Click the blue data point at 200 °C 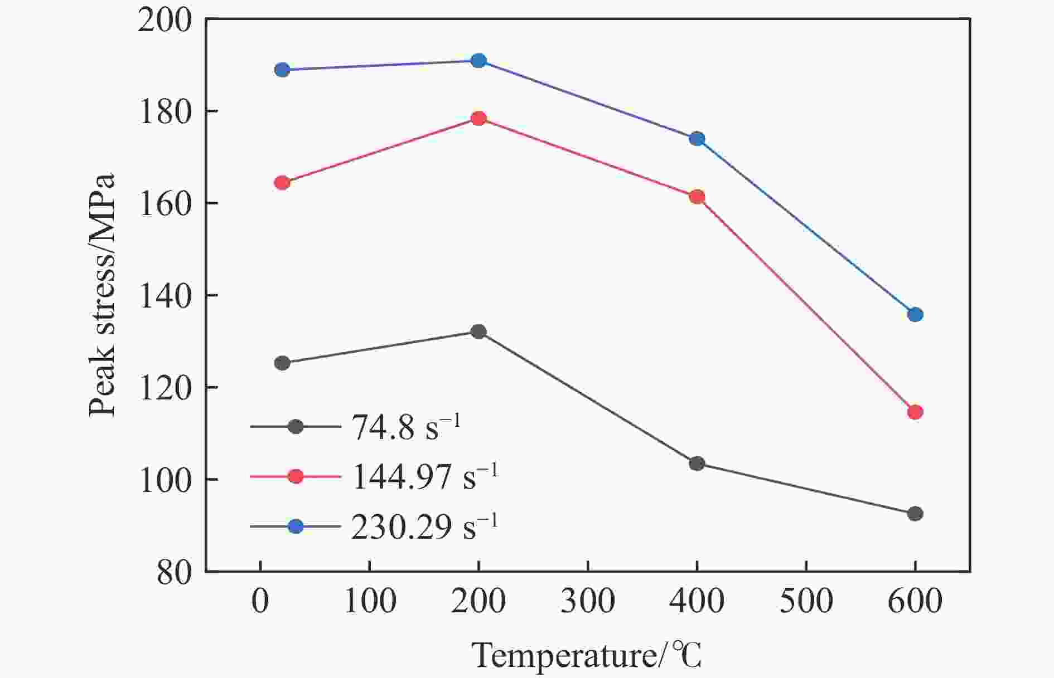[x=478, y=61]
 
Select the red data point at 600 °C [x=915, y=412]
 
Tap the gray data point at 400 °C [x=697, y=464]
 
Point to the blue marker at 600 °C [x=915, y=315]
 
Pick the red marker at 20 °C [x=283, y=183]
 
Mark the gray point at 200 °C [x=478, y=331]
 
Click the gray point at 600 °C [x=915, y=514]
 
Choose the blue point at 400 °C [x=697, y=139]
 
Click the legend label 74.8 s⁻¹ [x=406, y=428]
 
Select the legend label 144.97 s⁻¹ [x=424, y=477]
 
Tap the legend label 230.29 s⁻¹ [x=424, y=526]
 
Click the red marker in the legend [x=296, y=476]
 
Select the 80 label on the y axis [x=174, y=572]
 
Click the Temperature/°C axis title [x=587, y=656]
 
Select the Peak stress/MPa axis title [x=102, y=295]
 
